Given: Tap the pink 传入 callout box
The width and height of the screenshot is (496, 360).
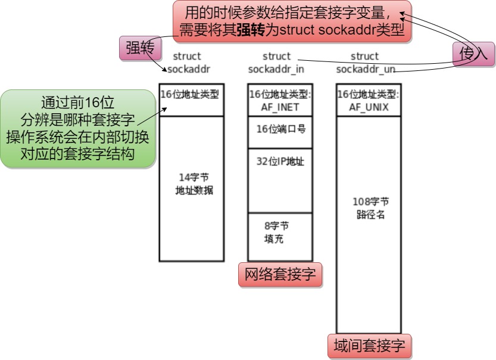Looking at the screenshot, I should tap(473, 54).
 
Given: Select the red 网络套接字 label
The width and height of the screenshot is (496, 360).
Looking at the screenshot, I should tap(280, 275).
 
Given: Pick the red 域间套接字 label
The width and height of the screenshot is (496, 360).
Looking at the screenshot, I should tap(369, 346).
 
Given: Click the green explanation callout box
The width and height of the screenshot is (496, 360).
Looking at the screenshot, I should tap(77, 128).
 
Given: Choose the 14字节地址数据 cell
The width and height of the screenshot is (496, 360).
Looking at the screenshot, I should tap(192, 188).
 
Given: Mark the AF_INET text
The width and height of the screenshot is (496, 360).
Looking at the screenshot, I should tap(280, 108).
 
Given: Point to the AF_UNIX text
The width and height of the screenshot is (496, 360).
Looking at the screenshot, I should tap(369, 108).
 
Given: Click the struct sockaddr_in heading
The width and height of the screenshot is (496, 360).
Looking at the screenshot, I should tap(276, 63).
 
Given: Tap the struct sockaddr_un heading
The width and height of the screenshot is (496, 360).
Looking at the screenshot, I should tap(364, 63).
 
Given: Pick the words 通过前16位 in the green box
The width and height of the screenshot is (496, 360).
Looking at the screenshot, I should tap(77, 100).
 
